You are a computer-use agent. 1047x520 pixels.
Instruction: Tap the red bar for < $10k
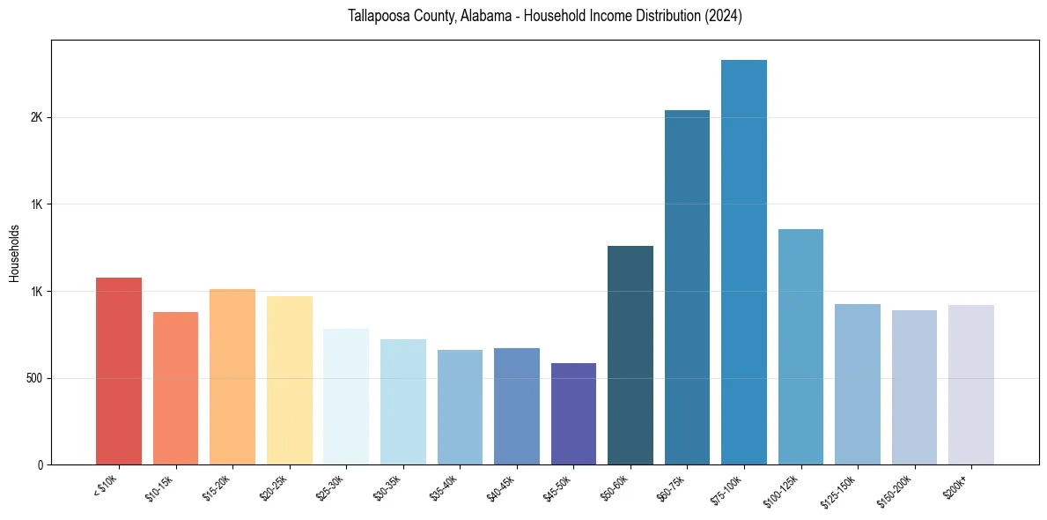pos(119,371)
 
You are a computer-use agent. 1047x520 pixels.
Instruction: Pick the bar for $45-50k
pos(573,413)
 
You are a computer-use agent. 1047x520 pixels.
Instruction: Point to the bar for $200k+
pos(970,384)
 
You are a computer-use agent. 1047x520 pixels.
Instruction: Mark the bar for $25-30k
pos(346,397)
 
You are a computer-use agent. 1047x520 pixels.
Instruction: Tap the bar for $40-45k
pos(517,406)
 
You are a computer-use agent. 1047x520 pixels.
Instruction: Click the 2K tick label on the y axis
pos(36,118)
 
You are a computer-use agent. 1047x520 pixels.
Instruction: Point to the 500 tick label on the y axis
pos(33,379)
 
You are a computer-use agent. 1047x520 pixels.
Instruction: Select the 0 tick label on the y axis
pos(40,465)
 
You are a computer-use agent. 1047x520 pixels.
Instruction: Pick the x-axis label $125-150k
pos(838,491)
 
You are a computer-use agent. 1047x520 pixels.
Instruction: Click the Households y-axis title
pos(14,253)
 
